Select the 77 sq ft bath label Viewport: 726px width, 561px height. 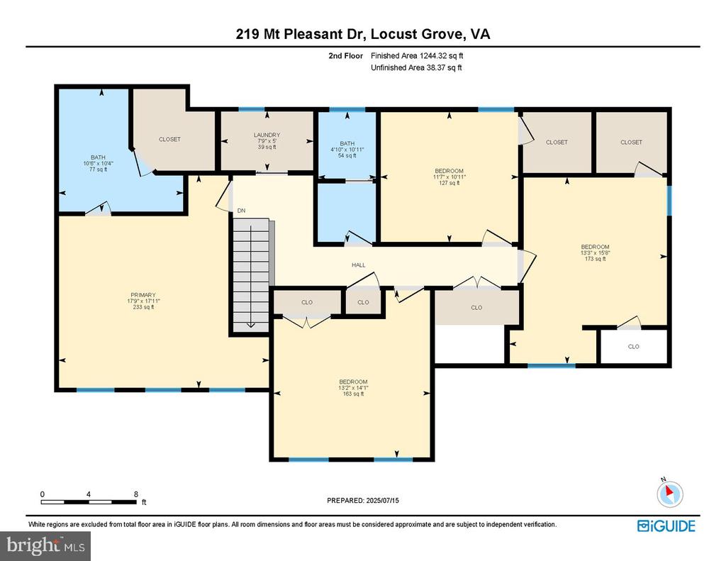[x=98, y=163]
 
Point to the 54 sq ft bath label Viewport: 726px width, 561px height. [x=347, y=150]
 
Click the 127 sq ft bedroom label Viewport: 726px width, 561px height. [x=449, y=177]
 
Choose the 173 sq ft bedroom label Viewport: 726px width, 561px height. [x=595, y=253]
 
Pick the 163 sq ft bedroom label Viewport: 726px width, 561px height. [x=353, y=388]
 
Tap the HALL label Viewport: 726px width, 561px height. [x=358, y=265]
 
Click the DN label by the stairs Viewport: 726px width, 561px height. [x=241, y=211]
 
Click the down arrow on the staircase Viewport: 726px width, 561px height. [x=250, y=324]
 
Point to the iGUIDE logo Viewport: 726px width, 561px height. [x=666, y=526]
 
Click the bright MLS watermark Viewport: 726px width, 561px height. [x=45, y=545]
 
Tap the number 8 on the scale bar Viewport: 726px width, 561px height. [x=136, y=494]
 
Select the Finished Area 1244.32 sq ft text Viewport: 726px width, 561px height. [x=417, y=55]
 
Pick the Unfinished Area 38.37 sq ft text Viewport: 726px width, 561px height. [x=416, y=67]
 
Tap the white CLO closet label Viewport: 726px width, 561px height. [x=633, y=347]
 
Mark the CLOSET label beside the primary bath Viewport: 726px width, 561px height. [x=169, y=139]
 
